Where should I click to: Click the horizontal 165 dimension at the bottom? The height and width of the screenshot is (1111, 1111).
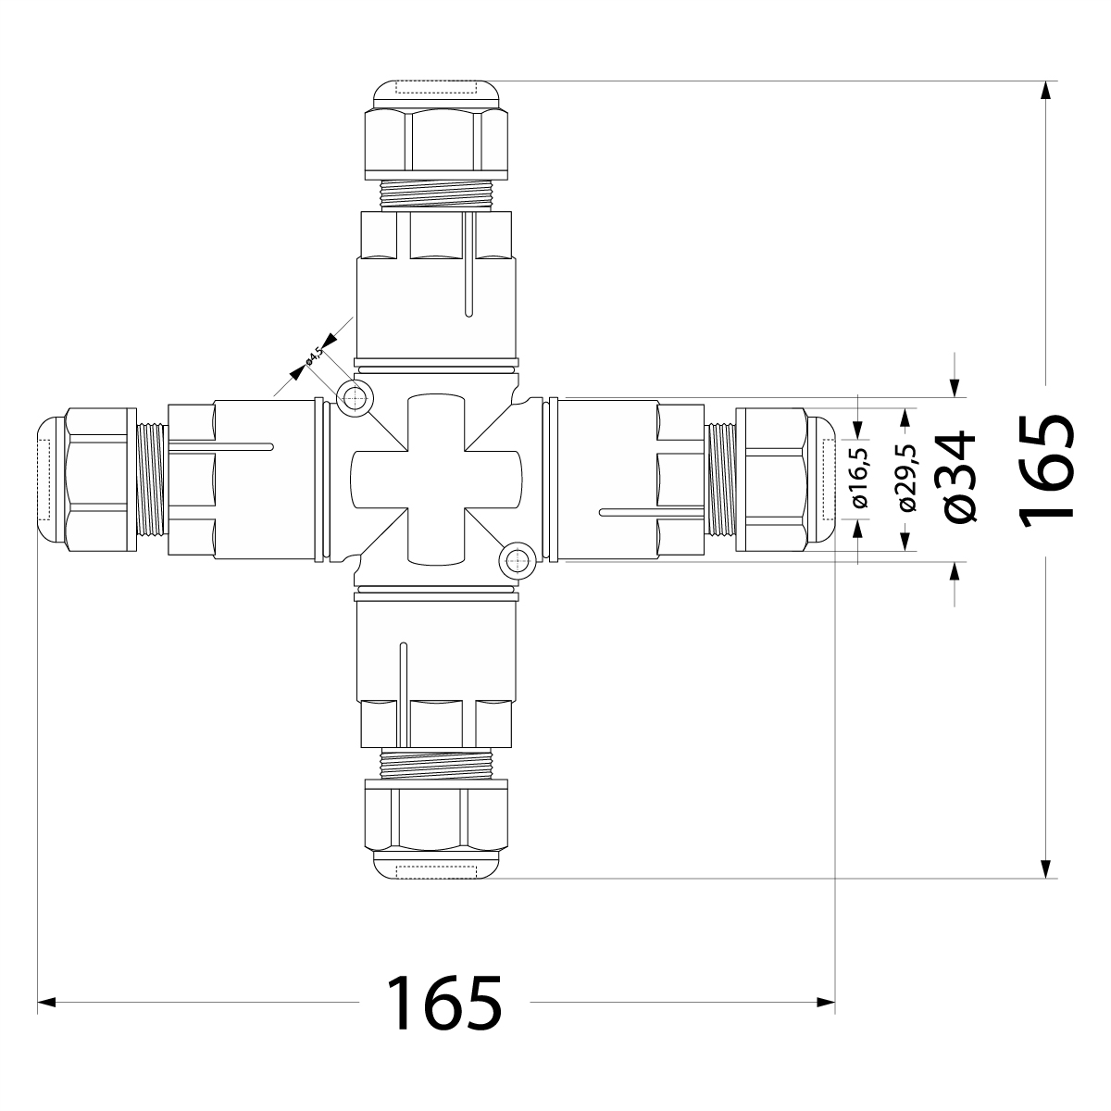click(x=443, y=1002)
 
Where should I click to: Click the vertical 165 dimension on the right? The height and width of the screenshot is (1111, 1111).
click(x=1046, y=472)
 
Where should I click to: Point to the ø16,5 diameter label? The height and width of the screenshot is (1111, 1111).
click(x=860, y=478)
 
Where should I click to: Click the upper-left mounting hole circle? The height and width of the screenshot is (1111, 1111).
click(x=353, y=399)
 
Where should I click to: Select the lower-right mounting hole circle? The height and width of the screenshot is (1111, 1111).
click(x=515, y=558)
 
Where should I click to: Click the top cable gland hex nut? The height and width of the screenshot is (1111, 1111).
click(x=436, y=138)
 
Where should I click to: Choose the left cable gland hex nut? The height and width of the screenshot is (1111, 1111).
click(x=100, y=480)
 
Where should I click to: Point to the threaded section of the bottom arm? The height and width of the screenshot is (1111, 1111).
click(x=436, y=763)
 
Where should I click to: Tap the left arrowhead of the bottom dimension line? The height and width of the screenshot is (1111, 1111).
click(x=44, y=1002)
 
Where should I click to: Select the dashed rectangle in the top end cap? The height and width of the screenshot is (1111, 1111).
click(x=435, y=89)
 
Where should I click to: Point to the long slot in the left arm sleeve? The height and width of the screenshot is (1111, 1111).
click(x=222, y=447)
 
